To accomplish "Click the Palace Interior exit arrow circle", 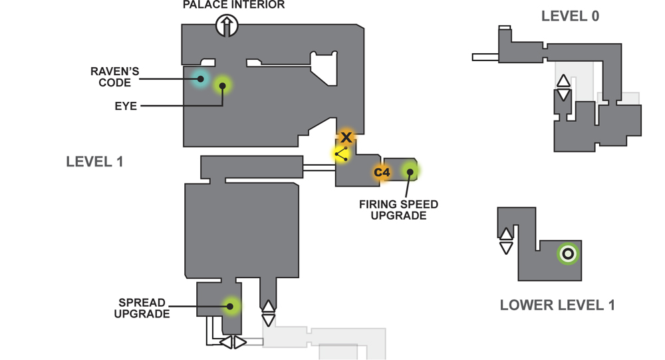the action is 227,25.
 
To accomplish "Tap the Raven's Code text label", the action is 114,77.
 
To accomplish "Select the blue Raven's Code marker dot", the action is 201,79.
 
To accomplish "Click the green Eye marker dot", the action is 222,86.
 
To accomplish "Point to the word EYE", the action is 126,106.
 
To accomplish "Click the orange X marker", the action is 346,137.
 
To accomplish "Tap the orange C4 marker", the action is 382,172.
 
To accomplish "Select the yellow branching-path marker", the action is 342,154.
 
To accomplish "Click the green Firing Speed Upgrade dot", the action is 410,172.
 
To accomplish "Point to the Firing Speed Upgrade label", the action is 398,210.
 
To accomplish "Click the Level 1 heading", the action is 94,162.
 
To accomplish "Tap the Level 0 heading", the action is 570,16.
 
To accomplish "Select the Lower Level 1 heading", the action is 557,305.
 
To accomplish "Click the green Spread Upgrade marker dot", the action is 230,306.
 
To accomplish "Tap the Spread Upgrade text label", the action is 142,308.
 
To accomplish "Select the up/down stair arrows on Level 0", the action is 563,87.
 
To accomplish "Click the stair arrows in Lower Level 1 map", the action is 506,241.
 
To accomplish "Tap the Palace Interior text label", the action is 233,5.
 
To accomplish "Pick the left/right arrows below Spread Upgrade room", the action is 233,342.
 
